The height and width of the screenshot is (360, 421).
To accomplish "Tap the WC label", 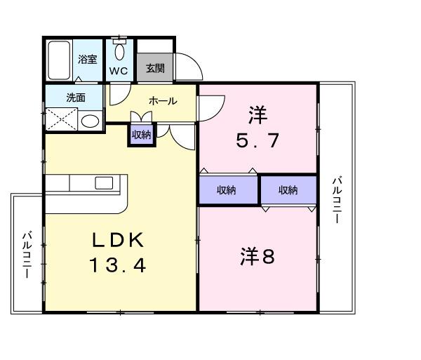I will click(x=118, y=71).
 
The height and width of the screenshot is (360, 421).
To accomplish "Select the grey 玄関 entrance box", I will click(x=155, y=68).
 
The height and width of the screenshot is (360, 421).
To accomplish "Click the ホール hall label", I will click(x=162, y=101).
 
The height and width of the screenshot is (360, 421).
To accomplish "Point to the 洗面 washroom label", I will click(x=76, y=98).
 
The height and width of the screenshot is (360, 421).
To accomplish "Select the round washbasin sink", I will click(x=90, y=121).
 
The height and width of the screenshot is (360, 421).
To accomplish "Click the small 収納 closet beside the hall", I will click(x=141, y=135).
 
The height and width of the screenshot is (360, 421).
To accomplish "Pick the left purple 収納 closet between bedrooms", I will click(x=226, y=189).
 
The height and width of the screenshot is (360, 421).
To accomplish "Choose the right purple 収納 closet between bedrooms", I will click(x=288, y=189).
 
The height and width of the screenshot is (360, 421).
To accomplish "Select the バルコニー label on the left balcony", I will click(x=27, y=255).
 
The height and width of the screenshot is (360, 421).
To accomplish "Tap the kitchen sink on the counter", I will click(x=104, y=183).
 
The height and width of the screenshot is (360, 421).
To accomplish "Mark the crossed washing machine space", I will click(x=61, y=119).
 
